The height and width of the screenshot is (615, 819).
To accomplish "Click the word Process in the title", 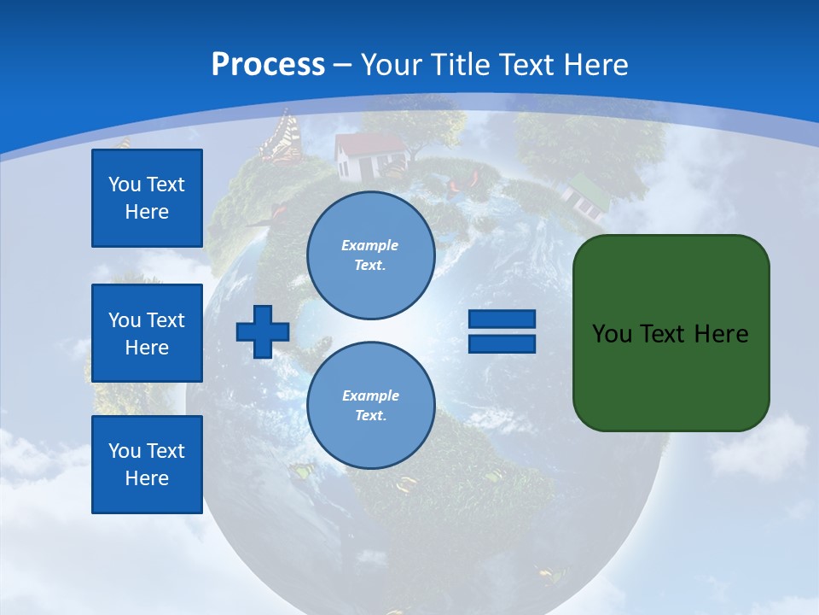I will point(268,64).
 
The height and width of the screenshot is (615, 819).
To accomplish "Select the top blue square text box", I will point(147,198).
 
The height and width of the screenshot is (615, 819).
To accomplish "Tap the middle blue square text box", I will point(147,333).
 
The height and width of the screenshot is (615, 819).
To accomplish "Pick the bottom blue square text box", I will point(147,465).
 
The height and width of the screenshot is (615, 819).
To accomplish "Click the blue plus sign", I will point(263,331).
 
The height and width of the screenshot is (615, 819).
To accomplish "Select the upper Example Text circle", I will point(371,255).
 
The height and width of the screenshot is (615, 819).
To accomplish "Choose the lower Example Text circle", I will point(371,406).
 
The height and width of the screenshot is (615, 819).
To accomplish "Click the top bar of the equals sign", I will point(502,319).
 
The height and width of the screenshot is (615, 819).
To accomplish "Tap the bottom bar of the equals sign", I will point(502,344).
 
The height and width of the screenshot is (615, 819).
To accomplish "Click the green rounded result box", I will point(671,333).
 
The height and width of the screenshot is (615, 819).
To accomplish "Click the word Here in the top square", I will point(147,212).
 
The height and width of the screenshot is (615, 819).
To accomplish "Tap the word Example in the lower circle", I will point(370,395).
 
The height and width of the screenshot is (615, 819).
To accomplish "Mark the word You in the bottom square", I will point(125,451).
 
